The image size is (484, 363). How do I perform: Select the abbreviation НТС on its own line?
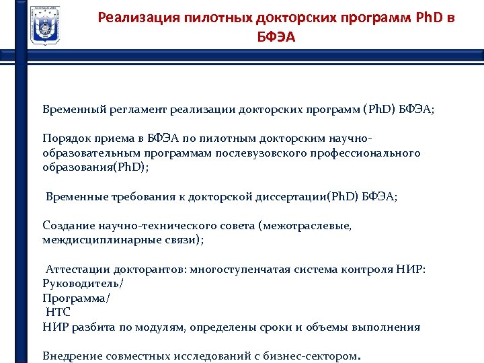pos(58,313)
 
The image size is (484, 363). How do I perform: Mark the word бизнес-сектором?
pos(316,356)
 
